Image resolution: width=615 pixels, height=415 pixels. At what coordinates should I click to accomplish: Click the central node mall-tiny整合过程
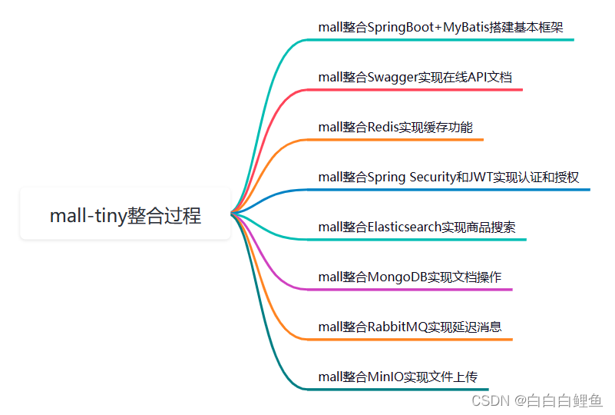[x=125, y=216]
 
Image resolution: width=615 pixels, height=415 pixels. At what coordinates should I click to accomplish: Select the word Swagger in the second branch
[x=392, y=78]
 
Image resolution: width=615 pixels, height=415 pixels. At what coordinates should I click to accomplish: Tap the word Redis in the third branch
[x=382, y=128]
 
